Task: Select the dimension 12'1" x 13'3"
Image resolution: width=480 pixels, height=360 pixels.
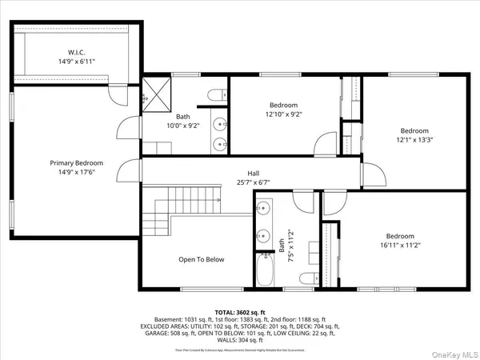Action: coord(414,141)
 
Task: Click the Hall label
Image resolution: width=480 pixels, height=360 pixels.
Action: coord(253,173)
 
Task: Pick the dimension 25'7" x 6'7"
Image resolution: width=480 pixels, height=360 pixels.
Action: coord(253,182)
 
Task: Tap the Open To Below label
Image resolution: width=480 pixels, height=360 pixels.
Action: coord(201,259)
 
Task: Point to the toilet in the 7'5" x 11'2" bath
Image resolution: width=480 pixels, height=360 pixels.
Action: coord(309,278)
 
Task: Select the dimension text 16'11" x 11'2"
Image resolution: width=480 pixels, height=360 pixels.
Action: coord(400,246)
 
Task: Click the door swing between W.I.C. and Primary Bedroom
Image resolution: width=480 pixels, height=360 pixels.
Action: coord(118,95)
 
